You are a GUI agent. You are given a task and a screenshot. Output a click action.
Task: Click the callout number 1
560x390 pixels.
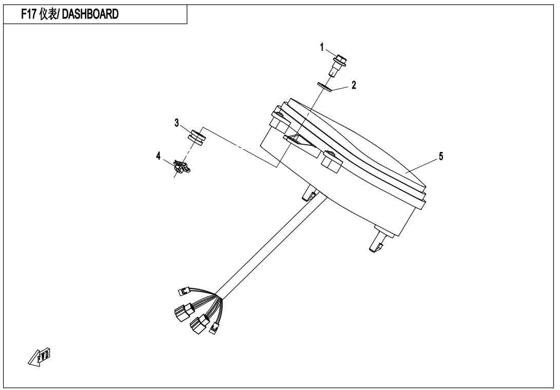pyautogui.click(x=322, y=47)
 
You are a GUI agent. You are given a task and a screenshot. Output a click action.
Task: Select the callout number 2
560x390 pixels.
pyautogui.click(x=353, y=85)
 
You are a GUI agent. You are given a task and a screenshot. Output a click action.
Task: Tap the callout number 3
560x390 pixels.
pyautogui.click(x=176, y=123)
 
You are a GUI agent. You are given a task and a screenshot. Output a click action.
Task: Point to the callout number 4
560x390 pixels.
pyautogui.click(x=158, y=156)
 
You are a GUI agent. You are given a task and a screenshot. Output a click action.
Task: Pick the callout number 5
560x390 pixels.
pyautogui.click(x=441, y=157)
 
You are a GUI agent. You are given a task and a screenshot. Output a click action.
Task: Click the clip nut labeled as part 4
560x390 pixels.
pyautogui.click(x=181, y=167)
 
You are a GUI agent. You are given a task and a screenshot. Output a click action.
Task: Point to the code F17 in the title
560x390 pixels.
pyautogui.click(x=29, y=14)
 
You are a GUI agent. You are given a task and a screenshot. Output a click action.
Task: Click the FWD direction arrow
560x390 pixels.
pyautogui.click(x=39, y=356)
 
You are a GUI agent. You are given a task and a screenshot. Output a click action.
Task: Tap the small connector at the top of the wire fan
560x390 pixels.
pyautogui.click(x=184, y=291)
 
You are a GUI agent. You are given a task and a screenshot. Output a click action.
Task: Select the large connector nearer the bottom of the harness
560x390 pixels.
pyautogui.click(x=200, y=324)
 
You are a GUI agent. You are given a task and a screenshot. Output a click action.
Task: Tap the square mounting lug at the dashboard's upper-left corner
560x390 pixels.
pyautogui.click(x=278, y=120)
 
